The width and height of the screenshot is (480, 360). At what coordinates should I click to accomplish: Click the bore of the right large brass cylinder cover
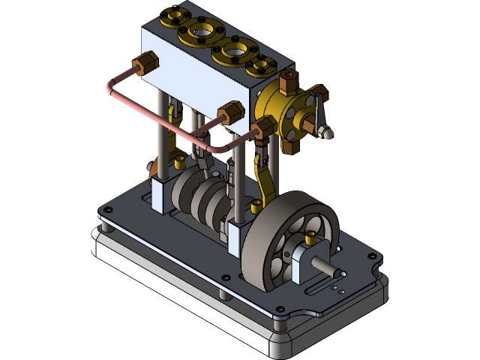click(234, 54)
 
